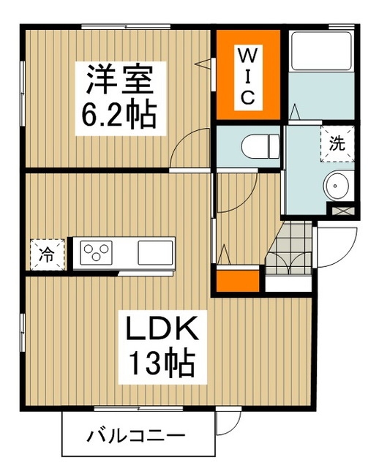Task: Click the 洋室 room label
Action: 120,79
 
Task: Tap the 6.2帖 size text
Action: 120,116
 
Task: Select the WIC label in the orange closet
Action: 248,78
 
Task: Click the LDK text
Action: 162,328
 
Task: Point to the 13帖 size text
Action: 162,363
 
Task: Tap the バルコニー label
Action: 136,437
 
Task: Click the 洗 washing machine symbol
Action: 337,143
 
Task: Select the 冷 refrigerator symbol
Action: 47,254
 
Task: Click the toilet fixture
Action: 260,146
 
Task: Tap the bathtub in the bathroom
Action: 321,50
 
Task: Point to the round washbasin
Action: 338,186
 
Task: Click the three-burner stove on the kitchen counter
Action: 96,252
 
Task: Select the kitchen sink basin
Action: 155,252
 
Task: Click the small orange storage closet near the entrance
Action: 238,281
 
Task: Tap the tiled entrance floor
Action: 289,248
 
